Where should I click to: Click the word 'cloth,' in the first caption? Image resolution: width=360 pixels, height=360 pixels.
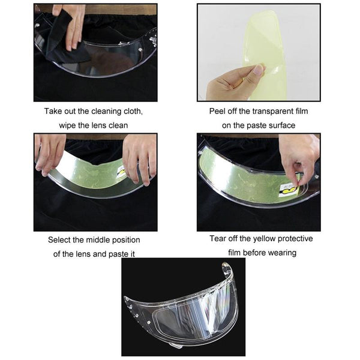pyautogui.click(x=133, y=111)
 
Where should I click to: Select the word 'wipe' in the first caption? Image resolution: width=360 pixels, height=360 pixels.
pyautogui.click(x=66, y=125)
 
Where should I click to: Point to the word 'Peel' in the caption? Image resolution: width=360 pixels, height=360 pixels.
pyautogui.click(x=216, y=112)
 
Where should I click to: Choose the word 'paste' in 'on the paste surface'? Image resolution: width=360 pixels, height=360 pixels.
pyautogui.click(x=256, y=125)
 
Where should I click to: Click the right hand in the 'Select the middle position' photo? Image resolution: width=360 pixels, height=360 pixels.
pyautogui.click(x=140, y=158)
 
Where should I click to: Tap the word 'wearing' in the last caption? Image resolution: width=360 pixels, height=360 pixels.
pyautogui.click(x=282, y=253)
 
